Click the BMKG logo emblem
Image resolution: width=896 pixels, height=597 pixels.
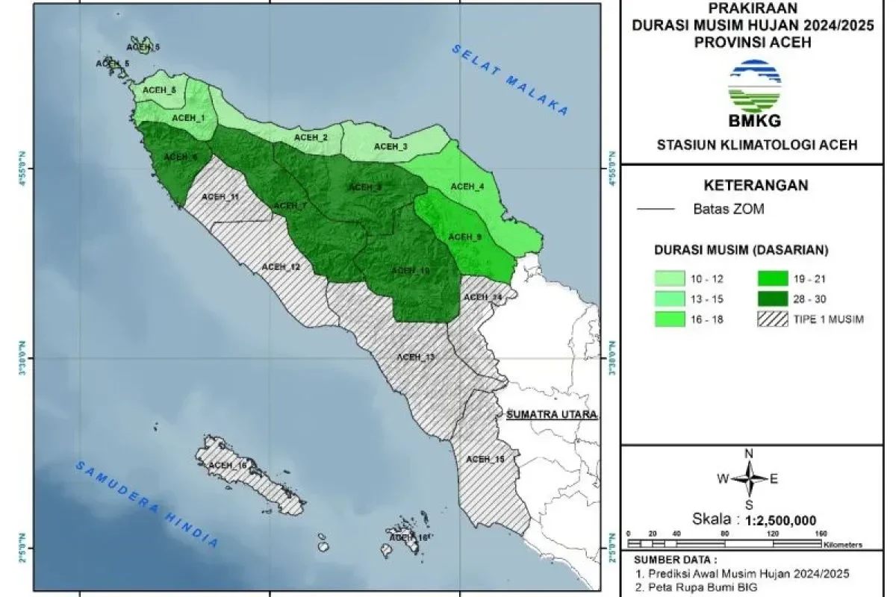pos(755,86)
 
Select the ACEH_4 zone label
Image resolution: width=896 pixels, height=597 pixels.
pos(467,187)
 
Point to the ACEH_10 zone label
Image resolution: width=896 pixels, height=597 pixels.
pos(410,271)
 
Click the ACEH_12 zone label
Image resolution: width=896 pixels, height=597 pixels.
pos(281,267)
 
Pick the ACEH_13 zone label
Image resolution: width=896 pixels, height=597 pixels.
pos(415,357)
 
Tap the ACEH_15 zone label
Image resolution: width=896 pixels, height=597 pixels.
pos(485,459)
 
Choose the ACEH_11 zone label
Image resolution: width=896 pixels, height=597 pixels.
pos(220,197)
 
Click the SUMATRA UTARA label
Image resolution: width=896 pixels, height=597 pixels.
pos(552,415)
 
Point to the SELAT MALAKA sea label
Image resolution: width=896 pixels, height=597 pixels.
pos(509,80)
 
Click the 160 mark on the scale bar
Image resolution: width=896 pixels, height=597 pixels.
pos(822,534)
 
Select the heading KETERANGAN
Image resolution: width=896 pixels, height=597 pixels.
pos(756,186)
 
